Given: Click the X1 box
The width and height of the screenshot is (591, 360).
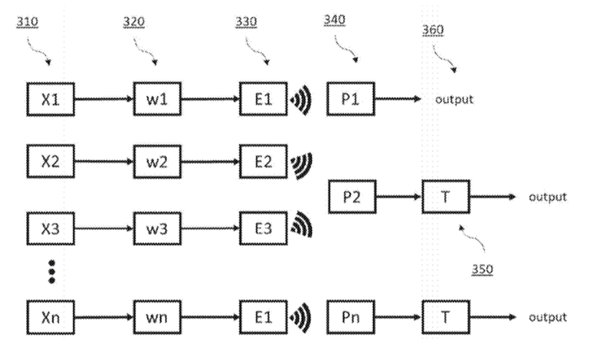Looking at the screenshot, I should point(50,99).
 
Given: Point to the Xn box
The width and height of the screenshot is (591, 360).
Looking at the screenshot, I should point(50,316).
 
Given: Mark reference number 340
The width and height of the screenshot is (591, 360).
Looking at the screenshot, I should point(334,19).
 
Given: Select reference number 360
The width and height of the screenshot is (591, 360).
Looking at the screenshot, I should point(433,30).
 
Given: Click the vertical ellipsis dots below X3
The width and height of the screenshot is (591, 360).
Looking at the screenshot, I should point(51,273).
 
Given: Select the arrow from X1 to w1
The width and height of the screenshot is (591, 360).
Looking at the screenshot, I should point(104,99).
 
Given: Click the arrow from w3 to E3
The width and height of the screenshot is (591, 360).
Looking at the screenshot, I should point(210,229).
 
